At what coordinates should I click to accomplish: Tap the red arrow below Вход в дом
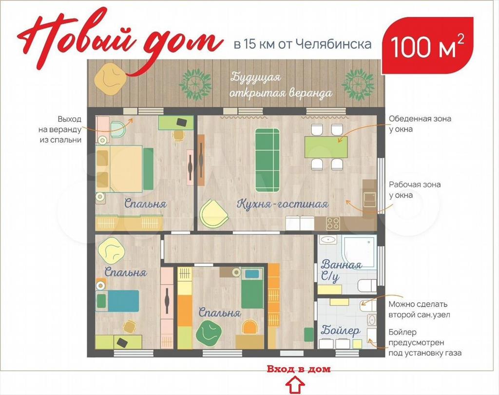point(295,385)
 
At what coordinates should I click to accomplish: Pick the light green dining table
point(326,147)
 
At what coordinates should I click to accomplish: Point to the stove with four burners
point(333,223)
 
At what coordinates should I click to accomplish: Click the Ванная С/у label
point(341,270)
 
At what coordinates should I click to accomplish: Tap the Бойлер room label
point(340,330)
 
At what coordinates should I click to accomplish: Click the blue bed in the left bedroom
point(118,301)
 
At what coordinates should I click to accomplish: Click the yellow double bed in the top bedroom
point(119,168)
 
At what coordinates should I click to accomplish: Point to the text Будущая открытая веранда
point(281,85)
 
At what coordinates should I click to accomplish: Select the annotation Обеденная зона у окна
point(420,124)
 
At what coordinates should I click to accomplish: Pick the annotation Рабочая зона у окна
point(415,190)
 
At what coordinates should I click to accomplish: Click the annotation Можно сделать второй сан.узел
point(419,310)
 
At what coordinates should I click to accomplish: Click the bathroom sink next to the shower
point(328,240)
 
